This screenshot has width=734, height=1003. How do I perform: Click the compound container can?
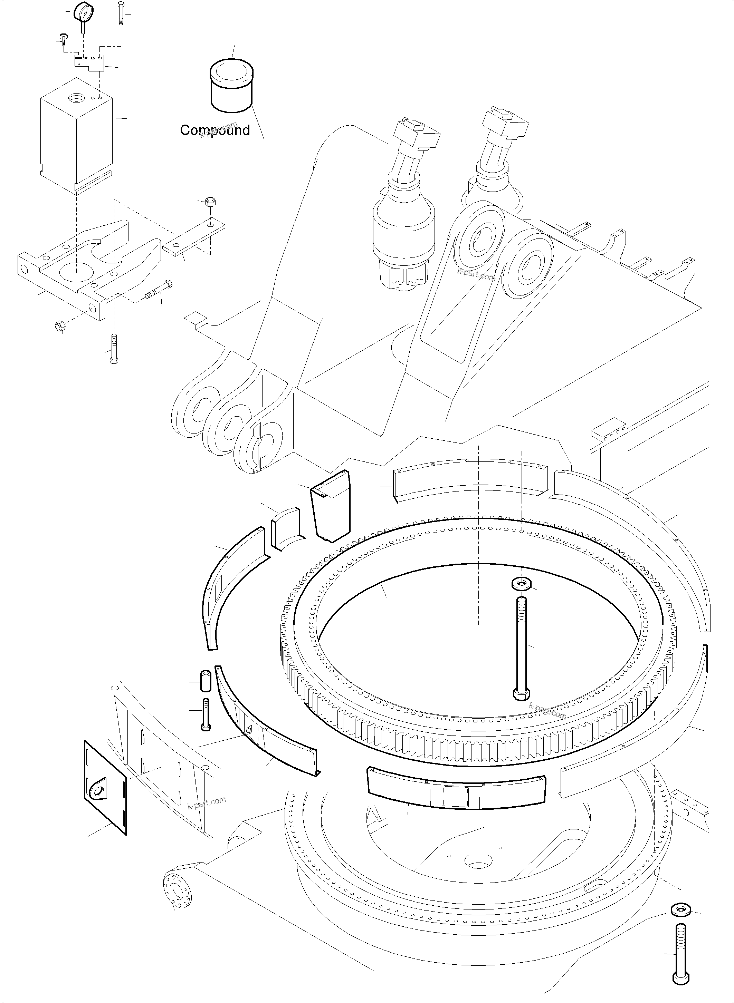[231, 87]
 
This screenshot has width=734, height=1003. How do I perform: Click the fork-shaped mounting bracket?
[89, 266]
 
